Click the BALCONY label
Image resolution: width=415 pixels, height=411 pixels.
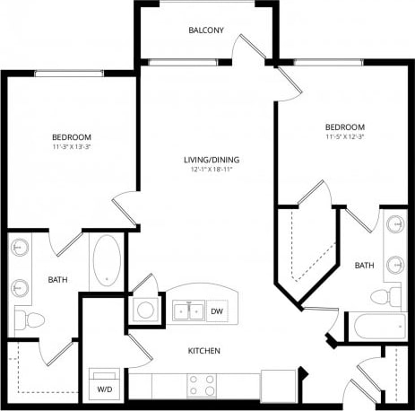(205, 31)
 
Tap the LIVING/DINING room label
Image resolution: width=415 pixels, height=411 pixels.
(212, 160)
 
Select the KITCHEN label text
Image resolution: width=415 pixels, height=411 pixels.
(203, 350)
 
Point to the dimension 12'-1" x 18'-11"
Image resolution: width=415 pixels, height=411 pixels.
(212, 170)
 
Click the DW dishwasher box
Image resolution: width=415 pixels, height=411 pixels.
(216, 311)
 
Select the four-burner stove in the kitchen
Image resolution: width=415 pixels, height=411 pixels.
(201, 385)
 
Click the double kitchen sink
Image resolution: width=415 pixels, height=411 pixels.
(187, 311)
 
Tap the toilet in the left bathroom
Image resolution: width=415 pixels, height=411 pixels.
(33, 319)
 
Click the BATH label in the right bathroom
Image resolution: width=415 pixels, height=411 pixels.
(364, 266)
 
